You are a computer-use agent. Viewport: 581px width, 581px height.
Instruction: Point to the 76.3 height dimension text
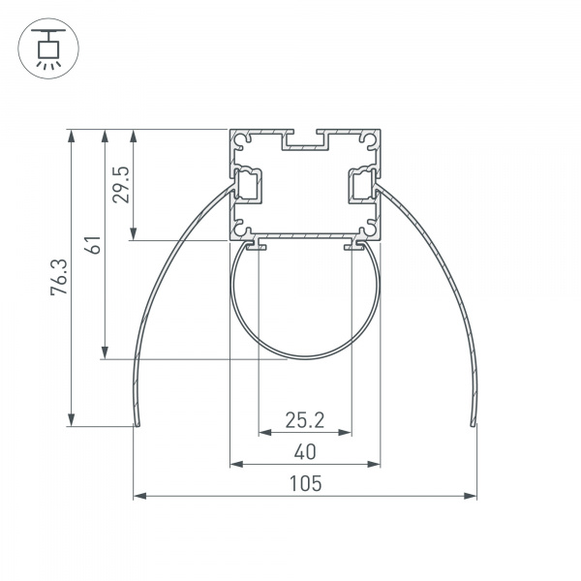tap(60, 276)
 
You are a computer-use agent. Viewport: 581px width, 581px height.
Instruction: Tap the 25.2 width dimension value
tap(304, 420)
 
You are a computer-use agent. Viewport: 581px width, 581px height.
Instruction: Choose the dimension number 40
tap(304, 451)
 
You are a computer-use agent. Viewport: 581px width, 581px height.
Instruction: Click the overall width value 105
tap(304, 483)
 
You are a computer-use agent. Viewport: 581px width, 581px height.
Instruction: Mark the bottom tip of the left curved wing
tap(137, 423)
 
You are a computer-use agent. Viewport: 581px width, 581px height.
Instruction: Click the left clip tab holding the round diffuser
tap(258, 247)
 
